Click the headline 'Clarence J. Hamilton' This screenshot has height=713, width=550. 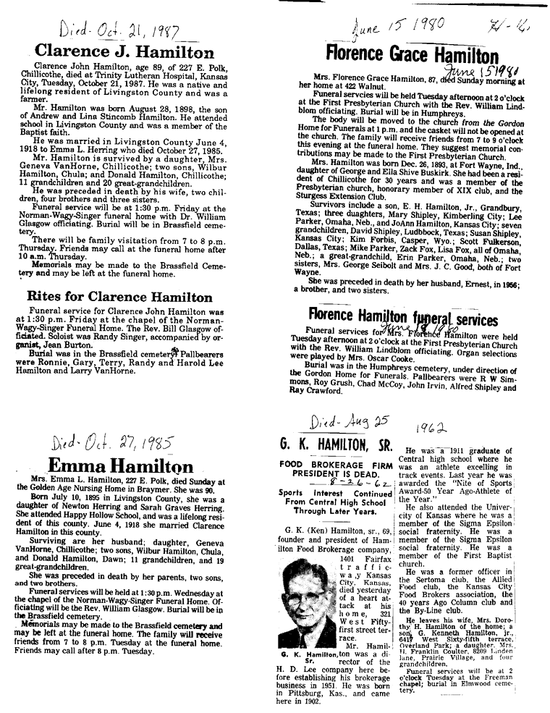(x=124, y=52)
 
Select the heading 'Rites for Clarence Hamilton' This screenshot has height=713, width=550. (x=119, y=297)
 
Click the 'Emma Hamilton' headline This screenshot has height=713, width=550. (x=121, y=465)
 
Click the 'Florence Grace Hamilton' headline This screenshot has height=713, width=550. (x=412, y=54)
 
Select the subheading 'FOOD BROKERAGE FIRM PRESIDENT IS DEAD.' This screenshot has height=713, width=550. (x=331, y=468)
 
